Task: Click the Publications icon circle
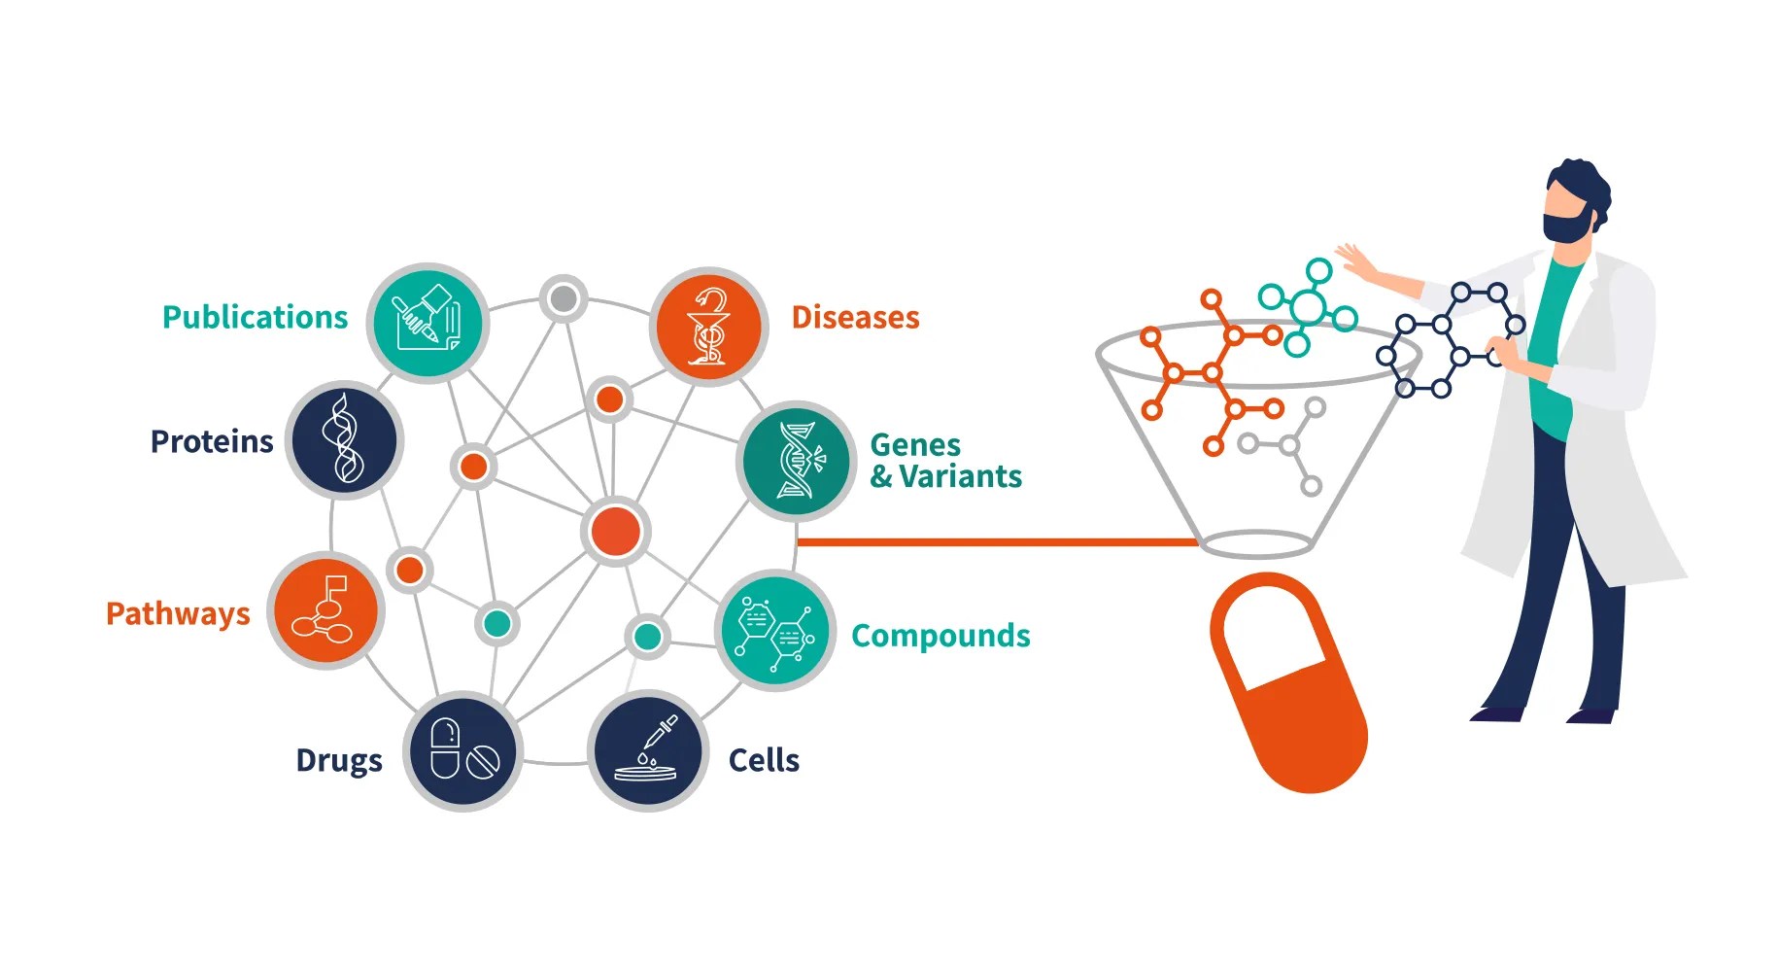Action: (427, 322)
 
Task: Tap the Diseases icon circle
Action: (708, 327)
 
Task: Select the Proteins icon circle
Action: (345, 439)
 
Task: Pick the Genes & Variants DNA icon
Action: (797, 461)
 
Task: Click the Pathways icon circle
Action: (325, 610)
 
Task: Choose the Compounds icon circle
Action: (775, 631)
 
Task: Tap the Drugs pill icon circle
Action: (463, 750)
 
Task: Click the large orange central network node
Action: (616, 532)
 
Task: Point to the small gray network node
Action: (564, 298)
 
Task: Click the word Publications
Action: (255, 318)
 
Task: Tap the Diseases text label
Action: (855, 318)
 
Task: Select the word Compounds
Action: (940, 636)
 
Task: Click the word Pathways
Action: (178, 614)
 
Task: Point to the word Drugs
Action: (339, 760)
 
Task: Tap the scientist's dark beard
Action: (1566, 226)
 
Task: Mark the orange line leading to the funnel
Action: (996, 542)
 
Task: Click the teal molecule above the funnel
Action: (1308, 307)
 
